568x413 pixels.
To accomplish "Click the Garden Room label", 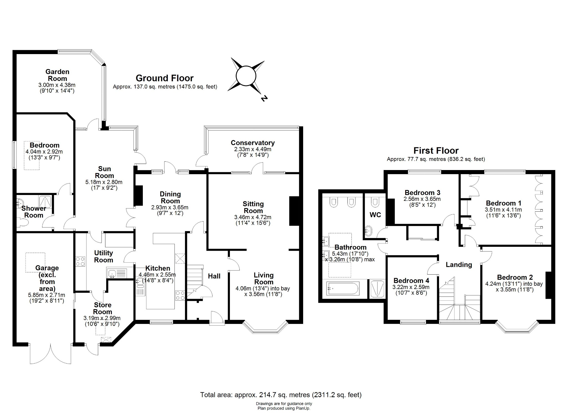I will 57,75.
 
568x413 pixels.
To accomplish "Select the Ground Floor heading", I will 164,78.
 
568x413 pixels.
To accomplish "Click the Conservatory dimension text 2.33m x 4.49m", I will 253,149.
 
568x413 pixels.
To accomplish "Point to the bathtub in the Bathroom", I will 343,288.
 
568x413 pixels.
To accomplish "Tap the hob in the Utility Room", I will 80,261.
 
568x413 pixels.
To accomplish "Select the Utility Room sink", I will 113,273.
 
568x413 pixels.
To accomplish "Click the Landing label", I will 459,265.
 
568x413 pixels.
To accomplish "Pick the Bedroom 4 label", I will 411,280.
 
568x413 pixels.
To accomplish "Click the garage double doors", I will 50,354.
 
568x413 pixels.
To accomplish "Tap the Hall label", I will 214,276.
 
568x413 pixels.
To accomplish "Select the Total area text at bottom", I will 281,394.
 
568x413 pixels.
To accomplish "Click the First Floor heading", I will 436,151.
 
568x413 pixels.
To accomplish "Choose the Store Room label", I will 102,308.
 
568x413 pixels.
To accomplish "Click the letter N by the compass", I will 264,98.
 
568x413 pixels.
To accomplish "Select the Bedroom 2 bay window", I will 517,327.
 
